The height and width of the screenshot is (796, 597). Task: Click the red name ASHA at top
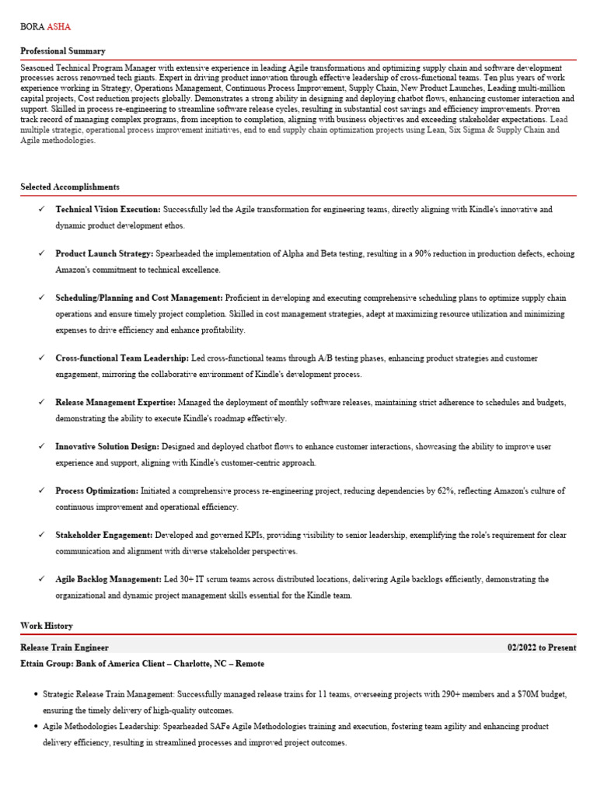[x=59, y=26]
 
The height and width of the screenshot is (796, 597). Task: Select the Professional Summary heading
[x=63, y=51]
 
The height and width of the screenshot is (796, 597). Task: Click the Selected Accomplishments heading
[x=70, y=187]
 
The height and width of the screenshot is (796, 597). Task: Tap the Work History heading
[x=47, y=626]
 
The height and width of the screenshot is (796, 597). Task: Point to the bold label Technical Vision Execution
[x=108, y=210]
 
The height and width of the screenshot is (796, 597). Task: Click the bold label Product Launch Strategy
[x=104, y=254]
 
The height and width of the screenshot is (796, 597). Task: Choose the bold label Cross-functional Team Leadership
[x=122, y=358]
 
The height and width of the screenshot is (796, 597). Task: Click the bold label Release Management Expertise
[x=116, y=403]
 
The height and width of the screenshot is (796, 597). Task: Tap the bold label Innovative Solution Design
[x=107, y=447]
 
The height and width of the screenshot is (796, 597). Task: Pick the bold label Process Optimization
[x=97, y=491]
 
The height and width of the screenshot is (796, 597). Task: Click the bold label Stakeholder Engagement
[x=104, y=536]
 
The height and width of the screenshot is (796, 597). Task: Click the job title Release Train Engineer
[x=65, y=648]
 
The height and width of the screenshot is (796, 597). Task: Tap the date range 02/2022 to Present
[x=542, y=648]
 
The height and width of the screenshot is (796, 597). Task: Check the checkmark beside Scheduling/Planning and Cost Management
[x=41, y=298]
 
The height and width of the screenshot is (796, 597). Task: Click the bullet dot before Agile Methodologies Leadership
[x=37, y=727]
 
